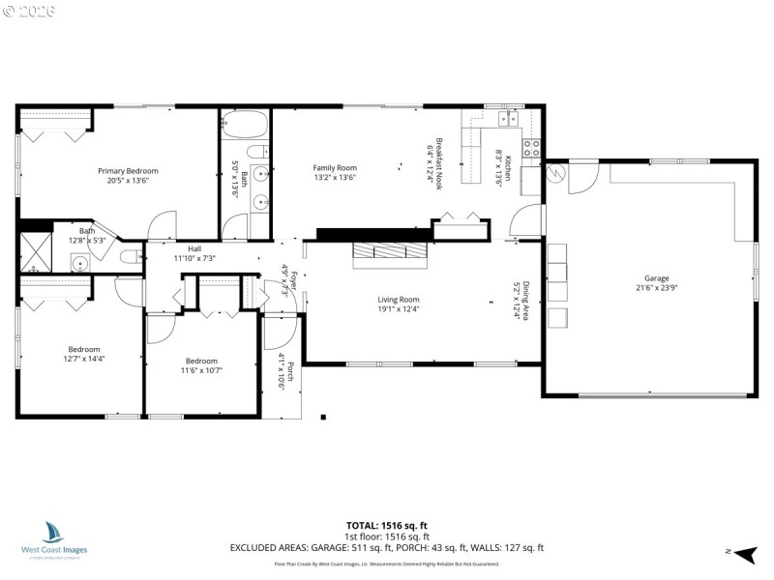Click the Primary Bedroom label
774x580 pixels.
tap(128, 171)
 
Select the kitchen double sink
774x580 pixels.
tap(507, 119)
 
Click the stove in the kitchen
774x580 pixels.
tap(531, 148)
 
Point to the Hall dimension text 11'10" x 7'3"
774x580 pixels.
tap(194, 258)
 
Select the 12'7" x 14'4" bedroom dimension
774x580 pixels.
tap(83, 359)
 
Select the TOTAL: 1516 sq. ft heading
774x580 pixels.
tap(387, 525)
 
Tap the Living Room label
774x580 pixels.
tap(398, 300)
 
